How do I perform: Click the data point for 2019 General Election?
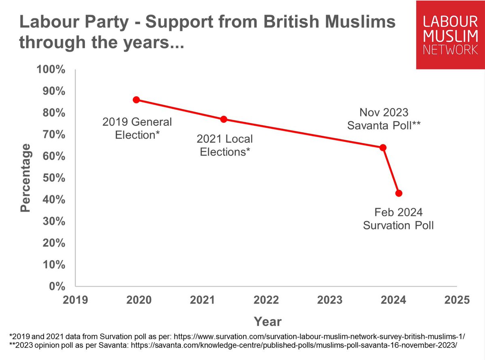pyautogui.click(x=136, y=100)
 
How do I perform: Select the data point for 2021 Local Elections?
pyautogui.click(x=224, y=119)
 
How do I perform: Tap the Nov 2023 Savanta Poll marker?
pyautogui.click(x=383, y=147)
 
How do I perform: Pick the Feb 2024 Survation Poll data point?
pyautogui.click(x=399, y=193)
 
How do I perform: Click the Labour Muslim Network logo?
pyautogui.click(x=450, y=34)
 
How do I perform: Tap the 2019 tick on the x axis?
pyautogui.click(x=76, y=300)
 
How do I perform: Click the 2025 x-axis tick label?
pyautogui.click(x=457, y=300)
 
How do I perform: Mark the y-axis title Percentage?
pyautogui.click(x=25, y=178)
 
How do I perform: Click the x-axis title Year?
pyautogui.click(x=268, y=322)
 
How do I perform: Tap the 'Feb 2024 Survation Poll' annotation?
pyautogui.click(x=398, y=219)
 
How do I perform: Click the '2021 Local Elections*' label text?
pyautogui.click(x=224, y=145)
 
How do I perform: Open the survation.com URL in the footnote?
pyautogui.click(x=322, y=336)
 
